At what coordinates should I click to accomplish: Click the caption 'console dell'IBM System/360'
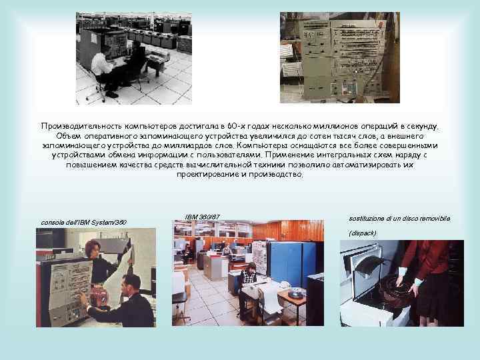[x=83, y=222]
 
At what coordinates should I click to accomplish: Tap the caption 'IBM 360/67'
[x=201, y=217]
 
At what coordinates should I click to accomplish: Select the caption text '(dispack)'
[x=363, y=233]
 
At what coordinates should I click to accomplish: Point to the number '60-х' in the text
[x=237, y=125]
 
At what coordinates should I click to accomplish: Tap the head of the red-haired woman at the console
[x=91, y=247]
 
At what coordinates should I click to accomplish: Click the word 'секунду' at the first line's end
[x=421, y=125]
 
